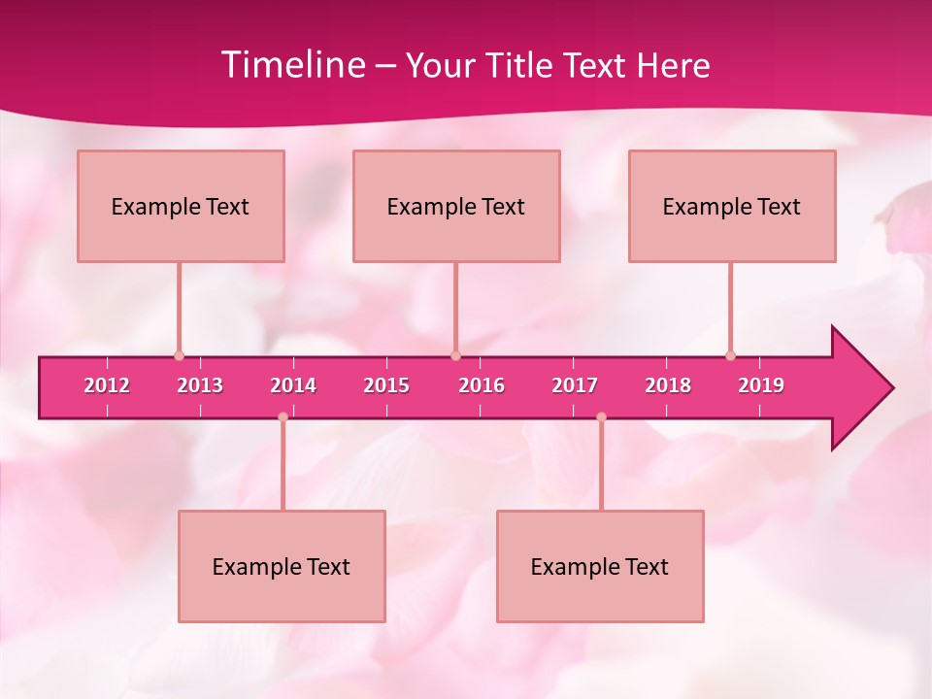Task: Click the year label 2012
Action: coord(107,385)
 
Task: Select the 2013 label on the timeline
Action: coord(200,385)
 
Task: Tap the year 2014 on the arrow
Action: coord(293,385)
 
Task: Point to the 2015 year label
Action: coord(386,385)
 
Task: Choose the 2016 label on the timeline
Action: coord(482,385)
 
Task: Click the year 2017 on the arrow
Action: coord(575,385)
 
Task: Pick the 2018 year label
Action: coord(668,385)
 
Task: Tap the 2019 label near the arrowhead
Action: coord(761,385)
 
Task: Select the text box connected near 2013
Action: coord(181,206)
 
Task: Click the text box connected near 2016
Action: coord(456,206)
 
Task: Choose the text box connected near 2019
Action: coord(732,206)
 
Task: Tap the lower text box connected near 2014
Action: coord(282,566)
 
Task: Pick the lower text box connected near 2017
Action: coord(600,566)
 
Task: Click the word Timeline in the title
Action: coord(292,65)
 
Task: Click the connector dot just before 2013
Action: coord(179,355)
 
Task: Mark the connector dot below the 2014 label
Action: coord(283,417)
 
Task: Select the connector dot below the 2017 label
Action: coord(601,417)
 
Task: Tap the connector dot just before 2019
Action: coord(730,355)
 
